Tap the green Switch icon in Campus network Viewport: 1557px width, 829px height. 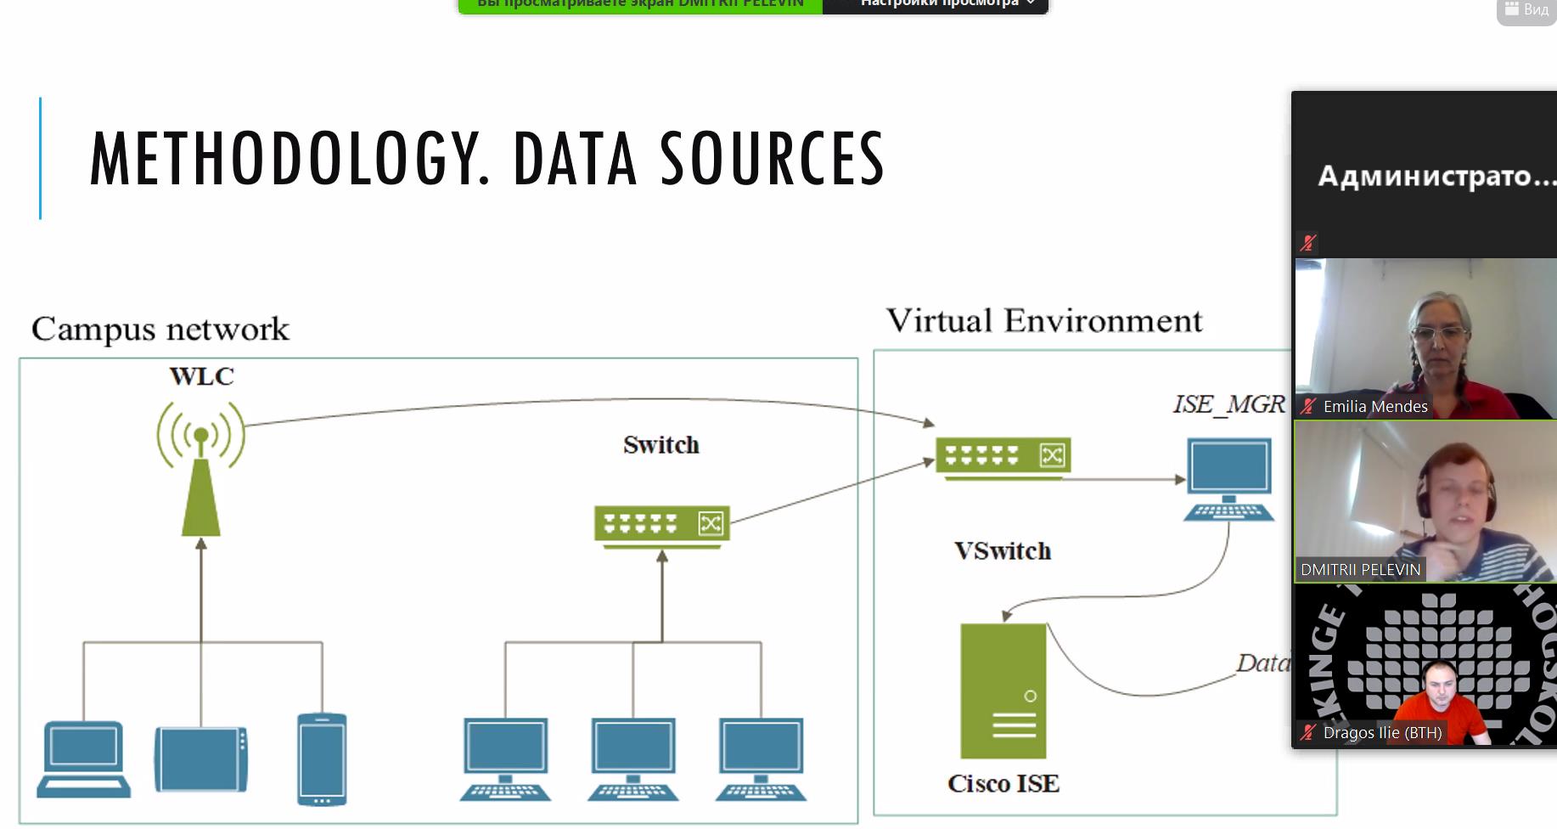(661, 525)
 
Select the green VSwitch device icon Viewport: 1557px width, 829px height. (1003, 456)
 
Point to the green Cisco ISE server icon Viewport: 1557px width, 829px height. (1003, 691)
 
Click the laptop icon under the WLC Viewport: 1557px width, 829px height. (83, 759)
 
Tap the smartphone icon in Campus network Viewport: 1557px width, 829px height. (322, 759)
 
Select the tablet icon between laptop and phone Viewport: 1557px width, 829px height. (201, 759)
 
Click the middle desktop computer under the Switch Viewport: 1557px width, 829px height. (633, 759)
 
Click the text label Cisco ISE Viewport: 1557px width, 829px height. (1003, 783)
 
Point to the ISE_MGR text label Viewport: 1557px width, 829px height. (1228, 404)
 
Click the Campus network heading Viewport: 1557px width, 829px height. (160, 329)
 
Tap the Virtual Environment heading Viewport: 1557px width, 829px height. (1044, 321)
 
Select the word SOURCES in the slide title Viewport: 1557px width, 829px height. (772, 159)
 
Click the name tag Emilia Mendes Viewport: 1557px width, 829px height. (1374, 407)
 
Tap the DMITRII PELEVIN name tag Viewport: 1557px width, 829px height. (1360, 570)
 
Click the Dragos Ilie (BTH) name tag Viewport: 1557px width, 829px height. (1381, 732)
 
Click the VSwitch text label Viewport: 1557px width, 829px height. (1003, 551)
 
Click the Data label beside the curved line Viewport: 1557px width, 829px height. (1262, 663)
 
